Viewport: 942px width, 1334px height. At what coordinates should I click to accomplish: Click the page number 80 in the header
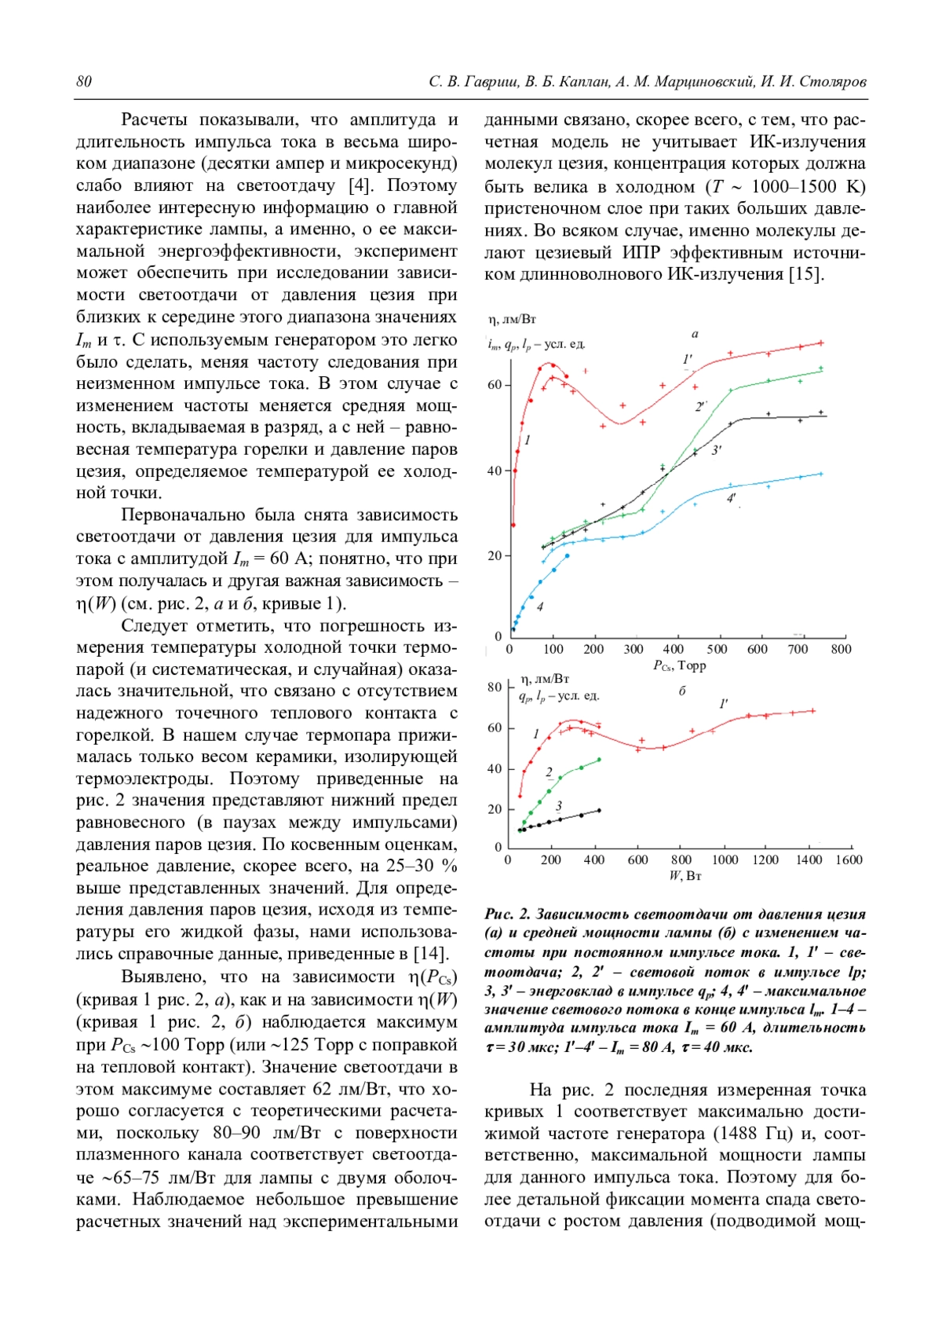point(84,82)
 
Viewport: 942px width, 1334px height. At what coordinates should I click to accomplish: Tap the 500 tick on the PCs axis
point(717,649)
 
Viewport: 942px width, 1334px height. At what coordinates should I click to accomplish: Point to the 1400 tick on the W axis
point(809,859)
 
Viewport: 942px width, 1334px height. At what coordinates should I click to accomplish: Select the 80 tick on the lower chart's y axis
point(495,687)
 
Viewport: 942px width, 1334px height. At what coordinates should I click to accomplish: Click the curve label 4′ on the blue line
point(731,498)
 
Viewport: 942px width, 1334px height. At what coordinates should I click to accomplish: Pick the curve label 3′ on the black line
point(716,450)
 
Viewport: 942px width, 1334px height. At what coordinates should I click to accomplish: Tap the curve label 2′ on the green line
point(701,406)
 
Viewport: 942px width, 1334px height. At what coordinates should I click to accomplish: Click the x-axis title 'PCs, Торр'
point(679,665)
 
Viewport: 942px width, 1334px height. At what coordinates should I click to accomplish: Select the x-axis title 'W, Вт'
point(685,875)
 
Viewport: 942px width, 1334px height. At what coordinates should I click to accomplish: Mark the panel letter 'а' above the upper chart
point(695,334)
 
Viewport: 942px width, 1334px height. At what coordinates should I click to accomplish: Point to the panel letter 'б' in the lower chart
point(682,691)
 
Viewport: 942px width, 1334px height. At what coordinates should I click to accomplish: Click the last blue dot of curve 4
point(567,555)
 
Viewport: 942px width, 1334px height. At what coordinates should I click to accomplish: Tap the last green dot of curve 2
point(599,760)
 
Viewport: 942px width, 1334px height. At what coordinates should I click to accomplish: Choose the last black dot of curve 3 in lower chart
point(599,810)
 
